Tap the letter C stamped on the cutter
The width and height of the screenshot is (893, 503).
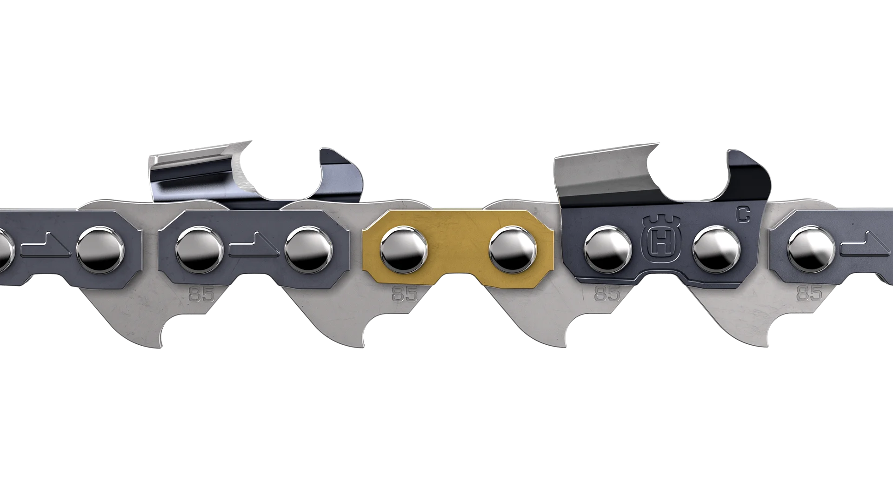coord(743,214)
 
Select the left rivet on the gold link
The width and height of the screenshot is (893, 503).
coord(404,250)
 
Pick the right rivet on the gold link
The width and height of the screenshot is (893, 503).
coord(513,250)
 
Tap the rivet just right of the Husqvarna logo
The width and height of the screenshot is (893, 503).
coord(716,249)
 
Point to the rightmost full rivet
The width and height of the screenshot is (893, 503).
coord(811,249)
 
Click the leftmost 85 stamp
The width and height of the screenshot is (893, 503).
coord(202,294)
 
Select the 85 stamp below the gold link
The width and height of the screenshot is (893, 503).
coord(405,294)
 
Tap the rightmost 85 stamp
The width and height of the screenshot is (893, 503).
coord(810,293)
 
